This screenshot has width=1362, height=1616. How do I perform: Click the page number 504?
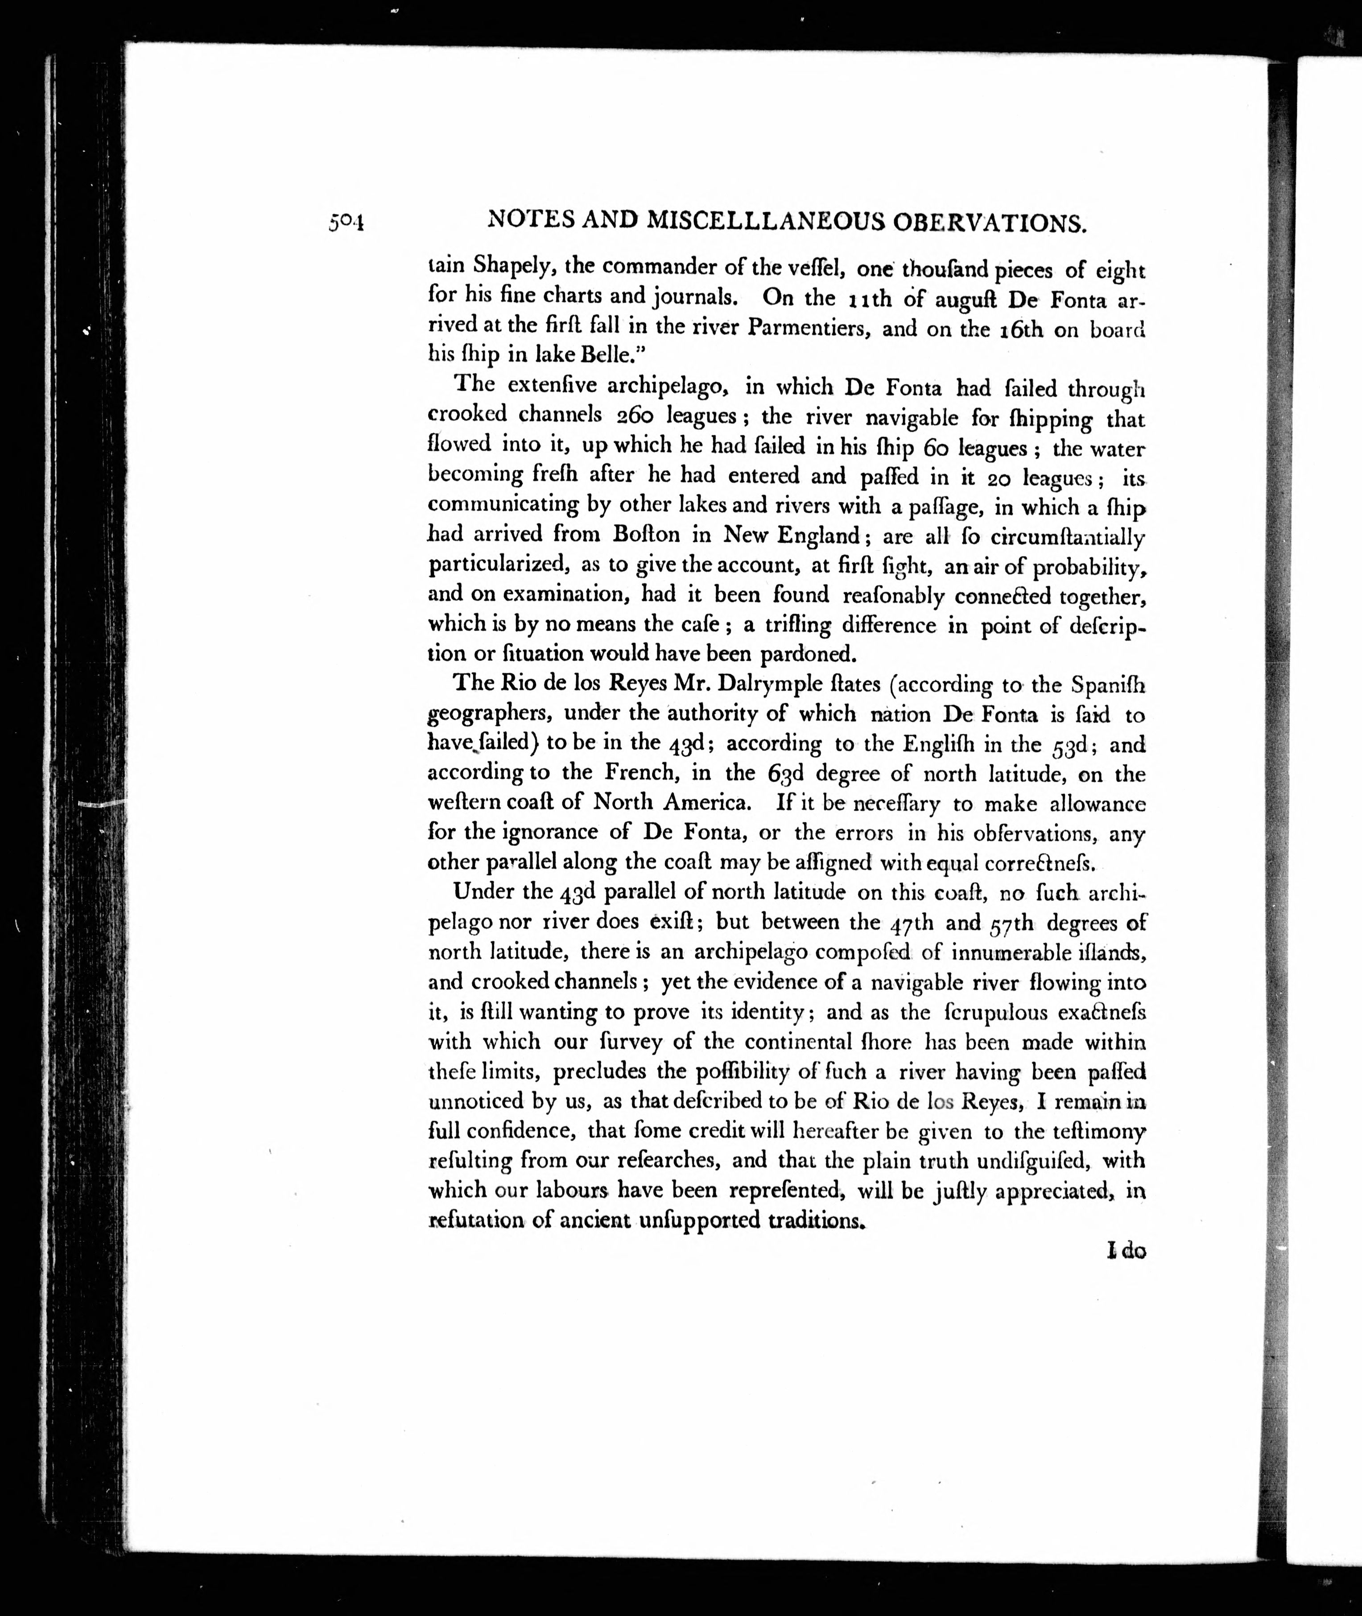[x=345, y=223]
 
